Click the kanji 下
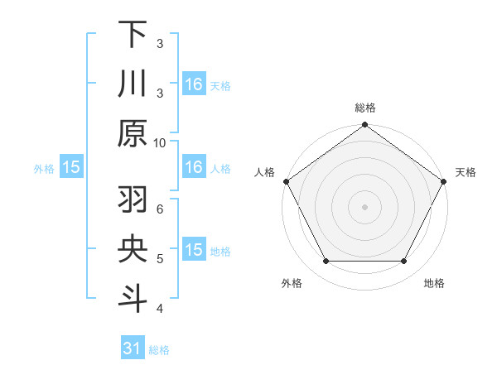pyautogui.click(x=133, y=36)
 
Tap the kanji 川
pyautogui.click(x=133, y=84)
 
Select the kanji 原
pyautogui.click(x=133, y=132)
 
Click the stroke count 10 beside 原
pyautogui.click(x=160, y=142)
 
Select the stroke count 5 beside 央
pyautogui.click(x=160, y=258)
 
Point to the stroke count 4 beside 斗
pyautogui.click(x=160, y=308)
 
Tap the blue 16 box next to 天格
pyautogui.click(x=194, y=84)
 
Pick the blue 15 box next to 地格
pyautogui.click(x=194, y=250)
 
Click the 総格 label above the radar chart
pyautogui.click(x=364, y=108)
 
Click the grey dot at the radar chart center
pyautogui.click(x=364, y=207)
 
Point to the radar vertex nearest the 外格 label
pyautogui.click(x=326, y=262)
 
